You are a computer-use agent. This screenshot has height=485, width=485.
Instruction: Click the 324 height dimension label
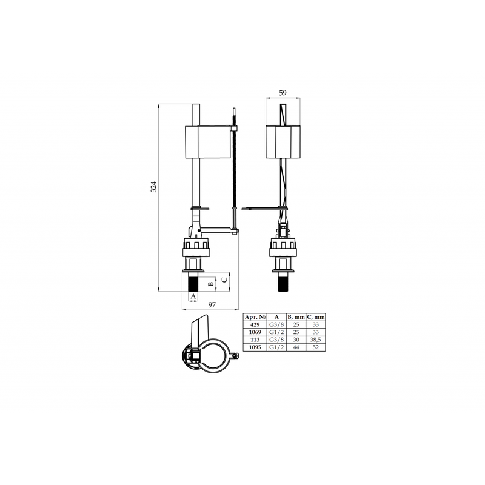(x=154, y=187)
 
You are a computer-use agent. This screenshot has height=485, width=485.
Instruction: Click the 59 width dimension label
(x=283, y=93)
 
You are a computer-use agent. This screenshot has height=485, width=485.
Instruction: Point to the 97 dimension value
(x=212, y=305)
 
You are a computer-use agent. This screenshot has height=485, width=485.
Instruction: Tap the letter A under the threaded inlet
(x=193, y=296)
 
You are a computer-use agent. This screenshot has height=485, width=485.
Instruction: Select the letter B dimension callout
(x=211, y=284)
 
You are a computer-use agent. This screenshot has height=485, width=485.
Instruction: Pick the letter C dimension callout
(x=225, y=279)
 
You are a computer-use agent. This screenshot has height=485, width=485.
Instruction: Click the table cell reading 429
(x=255, y=325)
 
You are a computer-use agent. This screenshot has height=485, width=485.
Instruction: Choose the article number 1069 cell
(x=255, y=332)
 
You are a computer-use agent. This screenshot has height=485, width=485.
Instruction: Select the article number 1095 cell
(x=255, y=347)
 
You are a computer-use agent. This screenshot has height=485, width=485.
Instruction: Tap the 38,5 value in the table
(x=315, y=339)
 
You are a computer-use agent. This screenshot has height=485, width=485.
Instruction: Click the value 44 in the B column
(x=296, y=347)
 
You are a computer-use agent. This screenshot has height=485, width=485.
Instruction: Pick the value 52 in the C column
(x=315, y=347)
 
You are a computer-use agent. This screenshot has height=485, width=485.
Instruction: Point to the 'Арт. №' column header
(x=255, y=317)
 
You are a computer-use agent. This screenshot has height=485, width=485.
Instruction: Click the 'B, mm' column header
(x=296, y=317)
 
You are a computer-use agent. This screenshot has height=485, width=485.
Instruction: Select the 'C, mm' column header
(x=315, y=317)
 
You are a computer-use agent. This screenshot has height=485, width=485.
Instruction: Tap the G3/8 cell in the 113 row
(x=276, y=339)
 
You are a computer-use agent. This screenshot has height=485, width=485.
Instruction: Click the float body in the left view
(x=208, y=142)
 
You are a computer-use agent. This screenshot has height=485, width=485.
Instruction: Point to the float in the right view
(x=283, y=142)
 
